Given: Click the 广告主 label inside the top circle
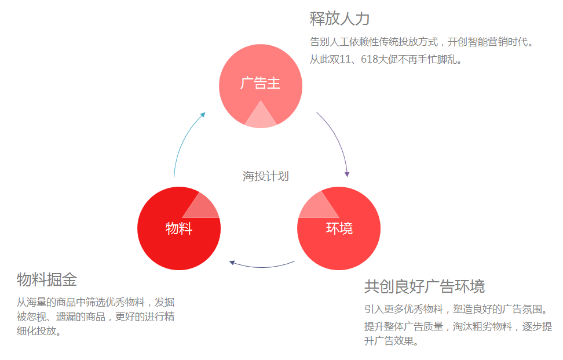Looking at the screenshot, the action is pos(260,83).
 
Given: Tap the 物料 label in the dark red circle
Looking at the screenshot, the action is pos(179,228).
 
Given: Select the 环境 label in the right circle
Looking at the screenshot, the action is pos(339,228).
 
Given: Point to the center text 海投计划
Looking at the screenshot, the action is pos(266,176).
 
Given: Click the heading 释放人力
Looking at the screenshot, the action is pos(339,19).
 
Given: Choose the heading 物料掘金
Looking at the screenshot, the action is pos(47,279).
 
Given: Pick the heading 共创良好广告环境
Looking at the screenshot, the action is pos(425,286).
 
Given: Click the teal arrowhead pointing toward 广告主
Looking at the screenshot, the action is pos(203,115).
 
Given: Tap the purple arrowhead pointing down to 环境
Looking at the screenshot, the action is pos(347,174).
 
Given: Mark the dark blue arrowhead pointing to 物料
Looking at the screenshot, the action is pos(232,263).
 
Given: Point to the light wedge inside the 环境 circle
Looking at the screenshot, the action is pos(317,206).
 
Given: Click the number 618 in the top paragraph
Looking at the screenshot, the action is pos(369,59).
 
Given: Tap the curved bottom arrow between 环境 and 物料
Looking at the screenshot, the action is pos(262,267).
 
